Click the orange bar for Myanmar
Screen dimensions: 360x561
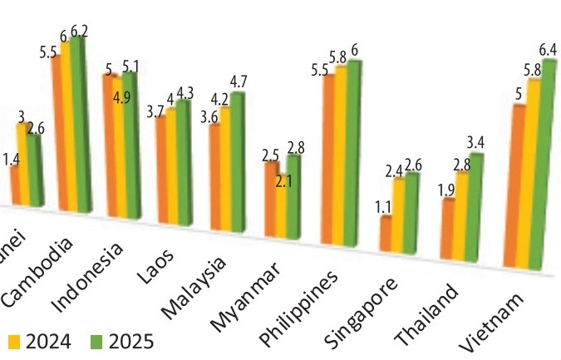click(272, 200)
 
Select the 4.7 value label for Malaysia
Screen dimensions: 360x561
click(239, 81)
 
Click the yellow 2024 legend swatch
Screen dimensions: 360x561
click(13, 341)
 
